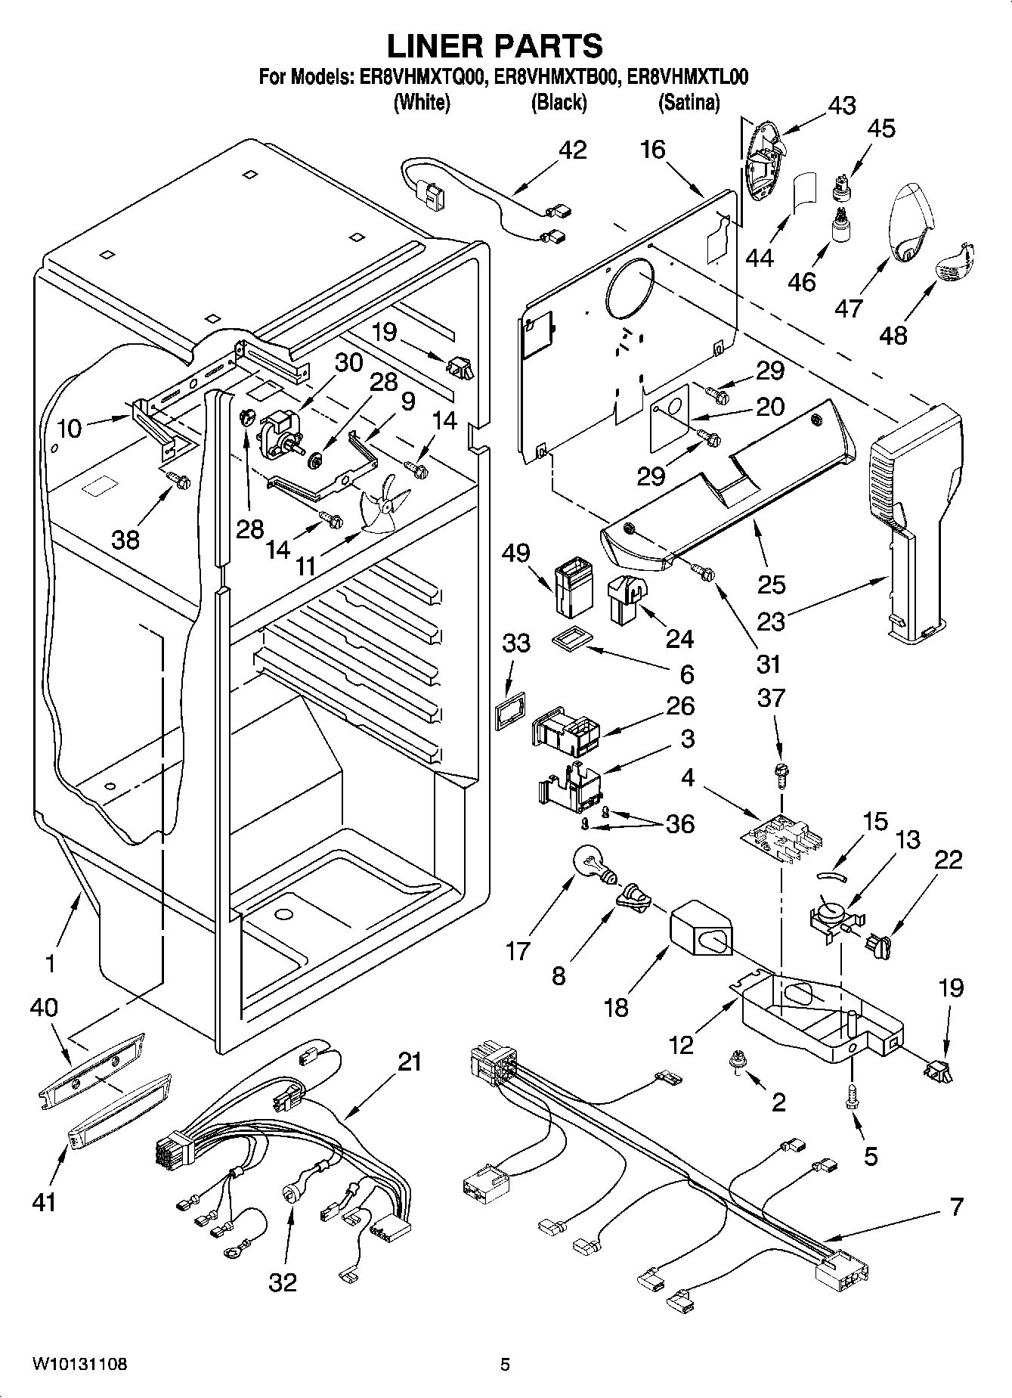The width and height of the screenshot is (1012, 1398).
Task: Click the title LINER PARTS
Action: coord(495,45)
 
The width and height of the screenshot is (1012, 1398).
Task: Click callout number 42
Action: coord(572,150)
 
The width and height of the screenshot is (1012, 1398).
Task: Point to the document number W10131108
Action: coord(79,1364)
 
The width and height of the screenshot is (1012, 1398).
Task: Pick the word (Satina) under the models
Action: coord(689,102)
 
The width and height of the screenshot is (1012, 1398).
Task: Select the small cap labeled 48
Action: coord(956,262)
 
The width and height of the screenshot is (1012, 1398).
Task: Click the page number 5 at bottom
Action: coord(505,1365)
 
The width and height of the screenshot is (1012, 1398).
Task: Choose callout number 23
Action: coord(772,620)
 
